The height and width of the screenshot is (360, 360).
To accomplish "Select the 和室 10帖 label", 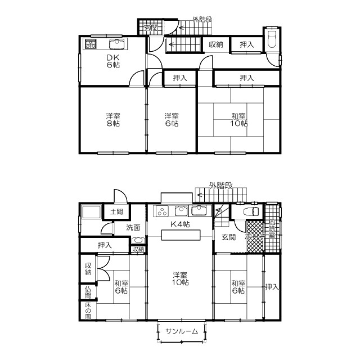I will point(238,120).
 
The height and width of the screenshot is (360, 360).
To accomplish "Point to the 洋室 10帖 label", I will point(180,279).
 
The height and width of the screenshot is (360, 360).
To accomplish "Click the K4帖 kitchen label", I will point(180,224).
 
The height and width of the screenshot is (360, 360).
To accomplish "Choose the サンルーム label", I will point(182,331).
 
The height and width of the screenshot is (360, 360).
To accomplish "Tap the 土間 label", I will point(116,212).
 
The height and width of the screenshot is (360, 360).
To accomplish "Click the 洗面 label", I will point(133,228).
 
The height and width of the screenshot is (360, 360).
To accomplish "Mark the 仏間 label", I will point(88,292).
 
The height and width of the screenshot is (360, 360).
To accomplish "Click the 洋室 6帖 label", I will point(172,120).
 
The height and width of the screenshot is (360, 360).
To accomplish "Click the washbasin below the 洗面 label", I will point(138,240).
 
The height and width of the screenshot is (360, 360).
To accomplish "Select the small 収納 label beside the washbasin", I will point(138,249).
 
